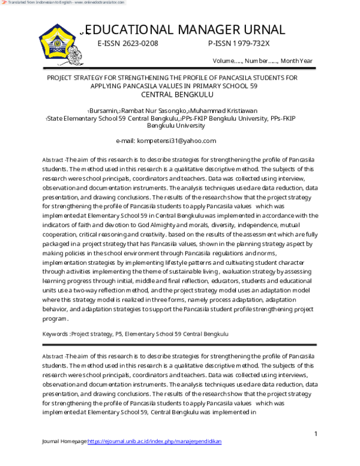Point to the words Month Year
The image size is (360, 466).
(x=296, y=61)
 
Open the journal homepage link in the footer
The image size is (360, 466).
(x=155, y=441)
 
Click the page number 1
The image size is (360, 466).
(x=316, y=434)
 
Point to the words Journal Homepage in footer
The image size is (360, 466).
(x=64, y=441)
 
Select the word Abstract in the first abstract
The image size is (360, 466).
(x=52, y=160)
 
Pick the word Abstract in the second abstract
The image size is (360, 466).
(x=52, y=357)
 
